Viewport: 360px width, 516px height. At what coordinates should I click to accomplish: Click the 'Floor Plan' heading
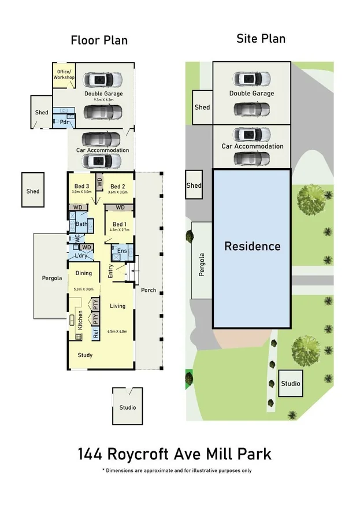click(99, 40)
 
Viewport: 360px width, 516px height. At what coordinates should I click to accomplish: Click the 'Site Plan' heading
click(261, 39)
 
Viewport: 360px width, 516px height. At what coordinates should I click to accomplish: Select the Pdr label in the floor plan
click(64, 122)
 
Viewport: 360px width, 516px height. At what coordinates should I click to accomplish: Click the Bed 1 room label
click(119, 224)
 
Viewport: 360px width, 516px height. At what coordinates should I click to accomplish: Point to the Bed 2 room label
click(118, 187)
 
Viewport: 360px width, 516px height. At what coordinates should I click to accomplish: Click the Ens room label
click(122, 251)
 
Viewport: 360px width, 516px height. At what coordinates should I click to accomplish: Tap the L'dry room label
click(81, 255)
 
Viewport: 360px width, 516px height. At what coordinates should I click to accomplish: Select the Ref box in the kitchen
click(96, 333)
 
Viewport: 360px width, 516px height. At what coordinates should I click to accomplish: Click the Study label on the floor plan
click(85, 355)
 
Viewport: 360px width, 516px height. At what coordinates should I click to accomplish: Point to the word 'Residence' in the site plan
click(252, 246)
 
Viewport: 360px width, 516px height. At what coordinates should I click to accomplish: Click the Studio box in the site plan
click(291, 383)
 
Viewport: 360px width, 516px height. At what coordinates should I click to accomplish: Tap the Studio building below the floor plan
click(128, 407)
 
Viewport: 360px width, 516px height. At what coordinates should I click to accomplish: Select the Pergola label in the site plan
click(202, 265)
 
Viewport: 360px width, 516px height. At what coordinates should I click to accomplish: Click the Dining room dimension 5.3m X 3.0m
click(84, 289)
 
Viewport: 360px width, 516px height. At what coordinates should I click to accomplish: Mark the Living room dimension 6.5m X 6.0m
click(118, 332)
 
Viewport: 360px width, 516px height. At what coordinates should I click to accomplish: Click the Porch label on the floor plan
click(149, 290)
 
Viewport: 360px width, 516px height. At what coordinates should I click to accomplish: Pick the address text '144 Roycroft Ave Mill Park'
click(174, 454)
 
